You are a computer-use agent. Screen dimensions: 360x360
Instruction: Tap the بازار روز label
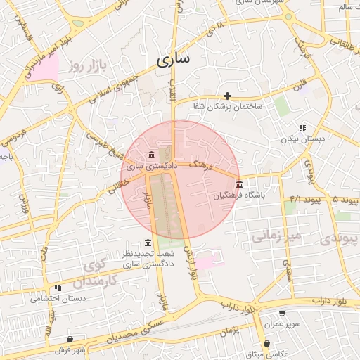[86, 67]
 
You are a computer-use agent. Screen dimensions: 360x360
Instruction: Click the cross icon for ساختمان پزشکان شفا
[227, 95]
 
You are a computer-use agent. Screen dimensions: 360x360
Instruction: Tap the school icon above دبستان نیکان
[302, 128]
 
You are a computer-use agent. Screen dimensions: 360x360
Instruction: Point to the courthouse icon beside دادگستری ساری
[152, 155]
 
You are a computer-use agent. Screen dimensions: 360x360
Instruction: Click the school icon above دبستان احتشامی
[58, 287]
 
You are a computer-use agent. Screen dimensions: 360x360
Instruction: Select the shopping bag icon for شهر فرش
[70, 339]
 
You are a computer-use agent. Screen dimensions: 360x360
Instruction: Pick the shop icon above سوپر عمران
[282, 314]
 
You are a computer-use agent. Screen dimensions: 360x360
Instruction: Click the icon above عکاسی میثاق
[267, 343]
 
